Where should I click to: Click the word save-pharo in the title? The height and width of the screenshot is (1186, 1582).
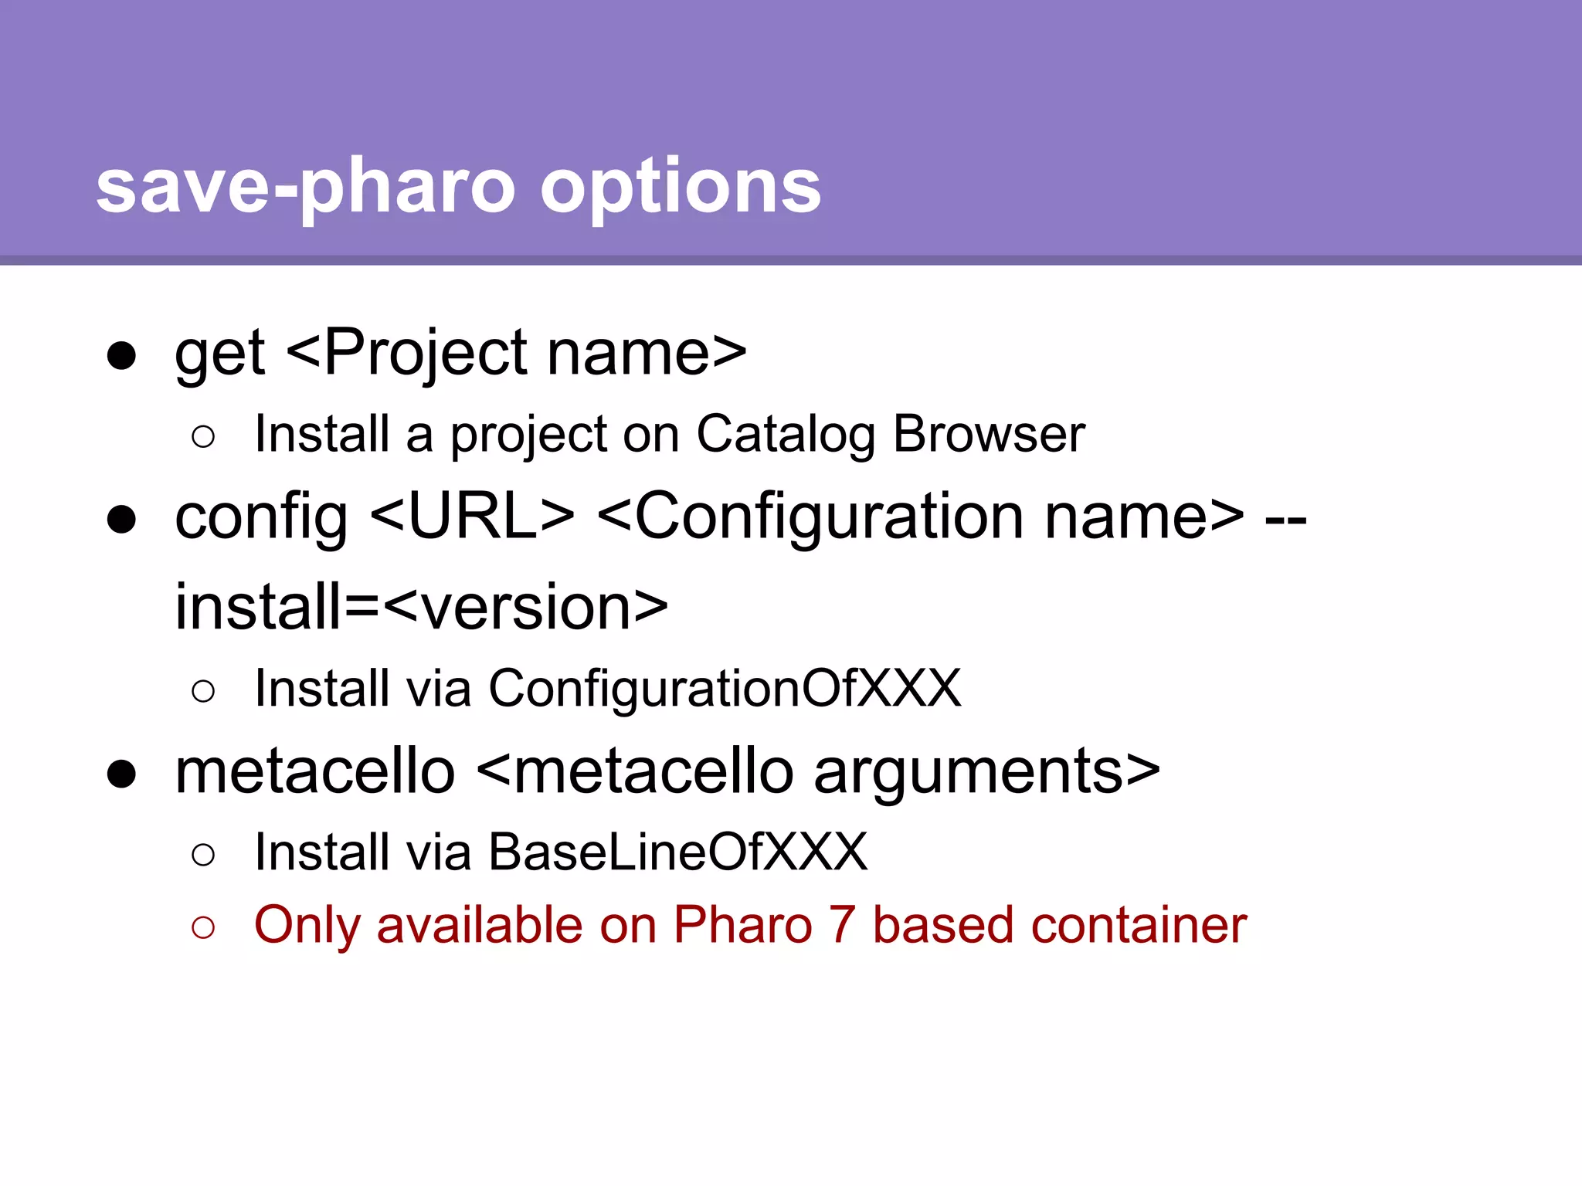point(305,187)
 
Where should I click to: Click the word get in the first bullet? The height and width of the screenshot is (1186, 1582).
point(220,355)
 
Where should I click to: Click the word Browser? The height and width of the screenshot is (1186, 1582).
point(989,434)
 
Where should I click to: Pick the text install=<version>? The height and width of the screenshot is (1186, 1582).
point(422,608)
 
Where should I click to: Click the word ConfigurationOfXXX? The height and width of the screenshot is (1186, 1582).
point(725,689)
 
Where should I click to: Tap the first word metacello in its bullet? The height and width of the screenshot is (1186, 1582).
point(315,771)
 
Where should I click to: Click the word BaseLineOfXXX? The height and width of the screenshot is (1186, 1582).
point(677,852)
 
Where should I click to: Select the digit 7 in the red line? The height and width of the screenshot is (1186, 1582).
point(842,925)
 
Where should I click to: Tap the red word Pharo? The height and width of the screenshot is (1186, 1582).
point(742,925)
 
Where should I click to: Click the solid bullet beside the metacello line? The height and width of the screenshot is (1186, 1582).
point(122,774)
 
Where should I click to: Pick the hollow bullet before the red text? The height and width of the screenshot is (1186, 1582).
point(202,927)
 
